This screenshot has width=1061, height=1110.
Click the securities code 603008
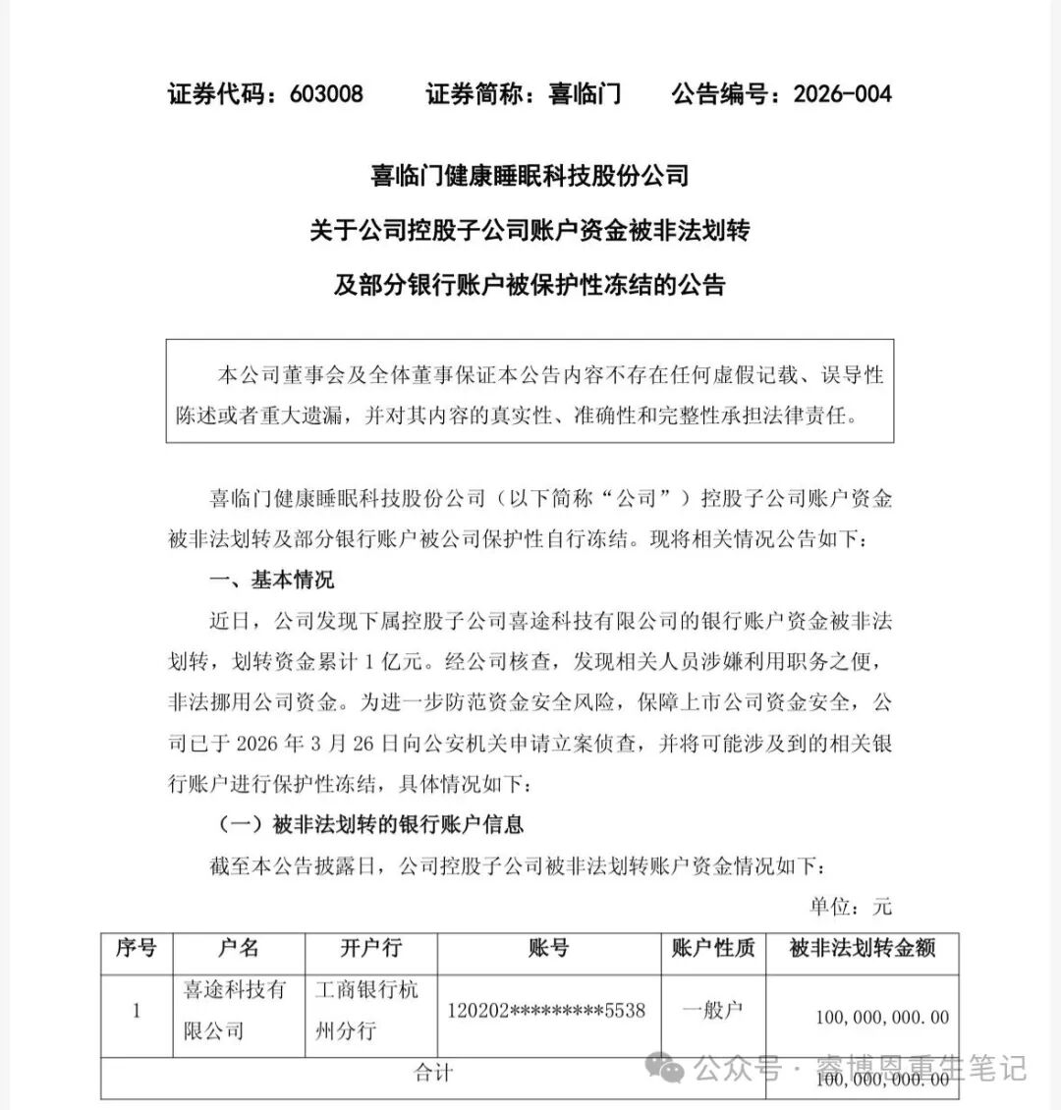point(327,94)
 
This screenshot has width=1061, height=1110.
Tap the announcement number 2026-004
point(842,94)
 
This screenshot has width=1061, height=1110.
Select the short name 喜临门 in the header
point(585,94)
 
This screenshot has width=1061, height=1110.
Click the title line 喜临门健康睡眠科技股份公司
point(530,176)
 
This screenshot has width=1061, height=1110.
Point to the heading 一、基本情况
point(272,580)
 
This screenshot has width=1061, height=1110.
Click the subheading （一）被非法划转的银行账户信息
point(368,825)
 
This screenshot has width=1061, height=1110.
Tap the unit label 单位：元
point(851,907)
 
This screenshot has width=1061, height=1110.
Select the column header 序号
point(136,949)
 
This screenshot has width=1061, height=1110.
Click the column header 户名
point(238,949)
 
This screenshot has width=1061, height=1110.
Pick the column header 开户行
point(370,949)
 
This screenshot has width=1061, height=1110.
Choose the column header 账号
point(548,949)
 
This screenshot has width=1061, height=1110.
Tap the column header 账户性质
point(712,949)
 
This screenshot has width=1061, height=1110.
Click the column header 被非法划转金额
point(862,949)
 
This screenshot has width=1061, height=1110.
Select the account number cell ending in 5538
point(546,1011)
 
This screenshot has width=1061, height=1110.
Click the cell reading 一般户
point(712,1010)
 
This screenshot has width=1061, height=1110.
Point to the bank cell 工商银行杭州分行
point(366,1011)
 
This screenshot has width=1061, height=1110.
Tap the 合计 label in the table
point(433,1073)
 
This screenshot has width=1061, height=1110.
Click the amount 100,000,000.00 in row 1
point(881,1018)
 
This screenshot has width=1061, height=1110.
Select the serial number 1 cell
point(137,1011)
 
